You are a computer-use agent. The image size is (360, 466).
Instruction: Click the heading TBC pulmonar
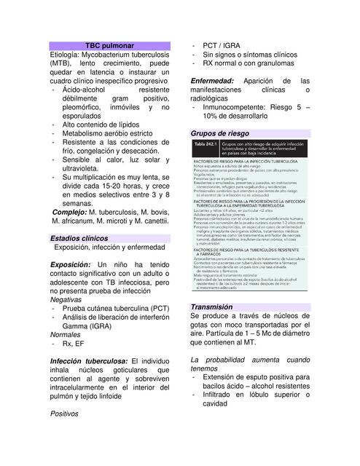click(110, 45)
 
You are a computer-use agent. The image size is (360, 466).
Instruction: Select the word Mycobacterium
click(117, 55)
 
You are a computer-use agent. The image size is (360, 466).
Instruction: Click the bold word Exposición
click(70, 264)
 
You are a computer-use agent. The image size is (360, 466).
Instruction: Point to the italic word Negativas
click(66, 299)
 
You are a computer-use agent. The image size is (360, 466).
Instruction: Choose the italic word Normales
click(65, 334)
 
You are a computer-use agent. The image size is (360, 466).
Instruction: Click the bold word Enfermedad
click(216, 81)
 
